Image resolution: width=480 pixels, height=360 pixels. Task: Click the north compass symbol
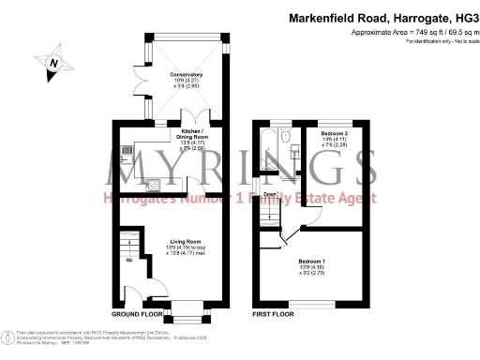[53, 63]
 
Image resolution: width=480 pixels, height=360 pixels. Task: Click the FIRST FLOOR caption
[273, 316]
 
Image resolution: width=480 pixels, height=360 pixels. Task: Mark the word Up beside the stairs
[128, 260]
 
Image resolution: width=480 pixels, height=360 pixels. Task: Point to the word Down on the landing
[269, 195]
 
